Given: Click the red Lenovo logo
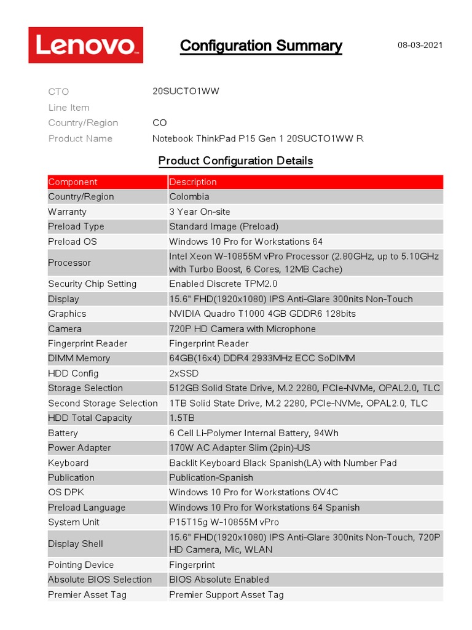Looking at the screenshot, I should click(x=85, y=45).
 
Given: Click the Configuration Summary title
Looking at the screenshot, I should click(x=261, y=46).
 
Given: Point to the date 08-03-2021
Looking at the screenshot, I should click(x=420, y=45).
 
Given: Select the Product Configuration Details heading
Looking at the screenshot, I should click(x=235, y=161).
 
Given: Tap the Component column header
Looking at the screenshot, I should click(x=73, y=182).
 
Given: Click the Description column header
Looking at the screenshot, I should click(x=193, y=182).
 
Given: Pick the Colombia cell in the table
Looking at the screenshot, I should click(x=189, y=197).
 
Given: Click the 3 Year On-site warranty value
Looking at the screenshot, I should click(x=200, y=212).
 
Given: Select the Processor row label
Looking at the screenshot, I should click(x=69, y=263).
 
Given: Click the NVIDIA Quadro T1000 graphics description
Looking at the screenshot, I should click(x=262, y=314).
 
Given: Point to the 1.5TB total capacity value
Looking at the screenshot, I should click(x=182, y=418).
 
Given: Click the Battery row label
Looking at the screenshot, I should click(x=63, y=433).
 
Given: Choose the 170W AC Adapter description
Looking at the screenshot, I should click(x=239, y=448).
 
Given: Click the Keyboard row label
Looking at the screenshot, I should click(x=68, y=463).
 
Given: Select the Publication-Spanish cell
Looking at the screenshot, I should click(x=211, y=478).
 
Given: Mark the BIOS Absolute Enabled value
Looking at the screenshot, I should click(x=219, y=580).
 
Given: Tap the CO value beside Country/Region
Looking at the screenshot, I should click(x=160, y=123).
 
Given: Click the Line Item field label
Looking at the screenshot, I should click(x=69, y=108).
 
